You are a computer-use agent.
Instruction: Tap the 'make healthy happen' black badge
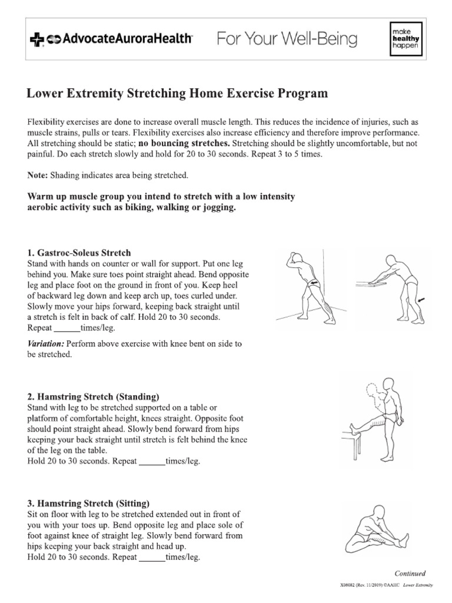(401, 39)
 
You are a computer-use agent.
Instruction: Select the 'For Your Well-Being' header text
(287, 39)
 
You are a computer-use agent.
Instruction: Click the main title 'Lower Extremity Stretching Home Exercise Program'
(177, 94)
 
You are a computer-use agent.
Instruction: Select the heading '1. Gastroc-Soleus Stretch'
(79, 253)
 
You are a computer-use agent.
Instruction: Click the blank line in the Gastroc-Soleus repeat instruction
(66, 327)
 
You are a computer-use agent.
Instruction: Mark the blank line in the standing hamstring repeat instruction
(151, 462)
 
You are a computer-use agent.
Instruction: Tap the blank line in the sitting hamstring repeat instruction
(151, 556)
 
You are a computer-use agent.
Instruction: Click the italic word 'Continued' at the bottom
(410, 573)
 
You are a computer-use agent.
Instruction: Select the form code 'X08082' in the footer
(348, 584)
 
